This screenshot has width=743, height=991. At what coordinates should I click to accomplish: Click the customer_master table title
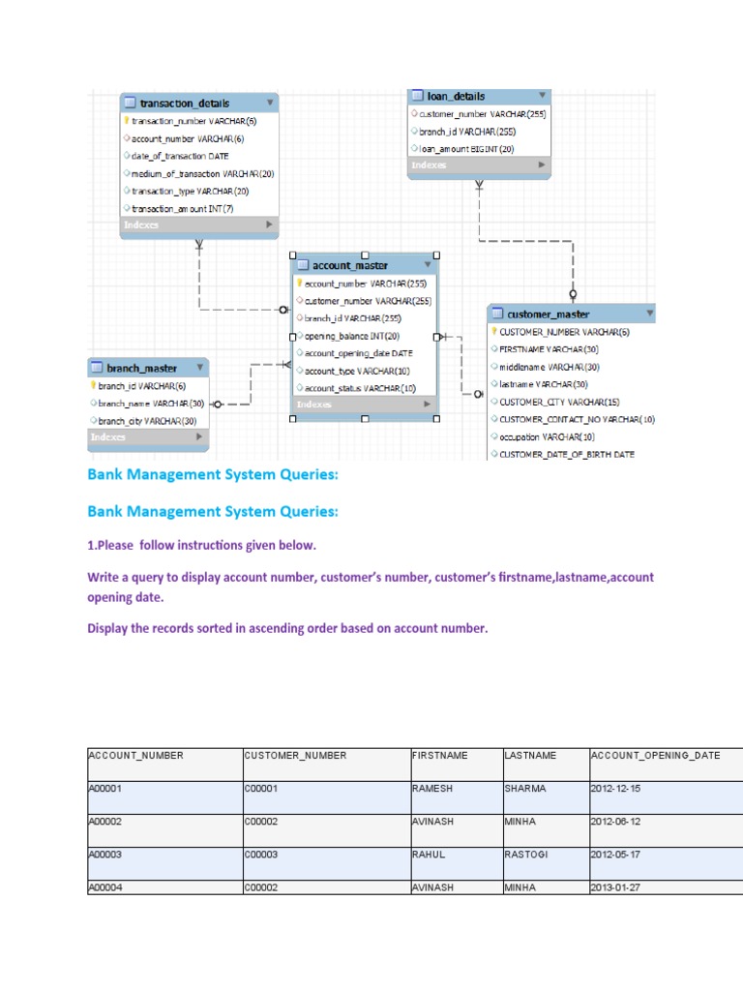(548, 315)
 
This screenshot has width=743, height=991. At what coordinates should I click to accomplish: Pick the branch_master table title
(141, 369)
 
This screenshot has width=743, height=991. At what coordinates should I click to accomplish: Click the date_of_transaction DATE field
(180, 156)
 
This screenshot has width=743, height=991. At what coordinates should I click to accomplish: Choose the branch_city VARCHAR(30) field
(149, 421)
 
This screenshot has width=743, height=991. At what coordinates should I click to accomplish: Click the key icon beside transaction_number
(127, 121)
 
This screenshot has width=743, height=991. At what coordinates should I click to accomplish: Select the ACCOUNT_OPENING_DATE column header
(655, 756)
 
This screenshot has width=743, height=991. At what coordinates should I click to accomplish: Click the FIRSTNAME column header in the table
(439, 756)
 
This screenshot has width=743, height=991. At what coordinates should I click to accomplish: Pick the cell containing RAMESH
(432, 789)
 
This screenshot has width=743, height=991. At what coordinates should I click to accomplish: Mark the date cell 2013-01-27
(614, 887)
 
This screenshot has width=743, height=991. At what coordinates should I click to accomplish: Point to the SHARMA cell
(525, 789)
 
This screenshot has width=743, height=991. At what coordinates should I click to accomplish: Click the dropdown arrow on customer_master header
(647, 314)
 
